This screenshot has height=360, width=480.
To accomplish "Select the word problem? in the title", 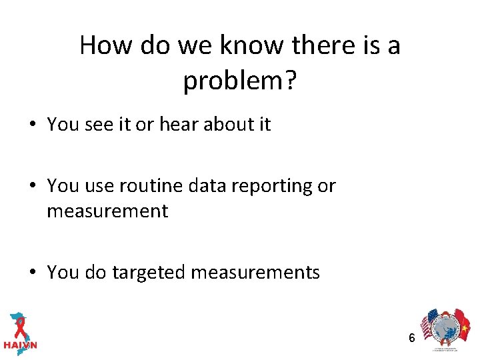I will pos(239,81).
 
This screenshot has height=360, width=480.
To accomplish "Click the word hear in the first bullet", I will pos(178,124).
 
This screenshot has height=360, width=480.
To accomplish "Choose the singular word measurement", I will pos(107,211).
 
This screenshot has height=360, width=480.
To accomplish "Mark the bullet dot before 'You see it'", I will pos(34,125).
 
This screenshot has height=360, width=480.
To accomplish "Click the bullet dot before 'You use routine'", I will pos(34,186).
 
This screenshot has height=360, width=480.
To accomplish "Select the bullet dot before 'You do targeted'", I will pos(34,273).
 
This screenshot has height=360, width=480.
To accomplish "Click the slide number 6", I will pos(412,338).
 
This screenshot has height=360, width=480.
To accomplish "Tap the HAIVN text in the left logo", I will pos(21,345).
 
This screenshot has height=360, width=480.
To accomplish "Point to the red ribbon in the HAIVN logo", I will pos(20,326).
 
